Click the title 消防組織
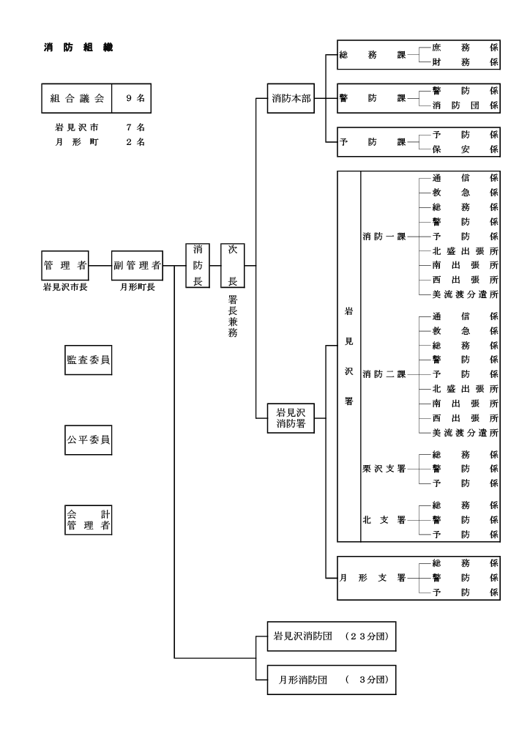coord(77,48)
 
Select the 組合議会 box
coord(77,97)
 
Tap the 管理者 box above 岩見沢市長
coord(64,265)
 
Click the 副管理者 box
coord(137,265)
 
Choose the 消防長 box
coord(198,265)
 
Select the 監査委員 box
coord(89,360)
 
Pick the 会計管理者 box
coord(89,519)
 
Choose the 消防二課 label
coord(384,374)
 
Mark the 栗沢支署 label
coord(384,469)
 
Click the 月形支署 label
coord(372,577)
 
